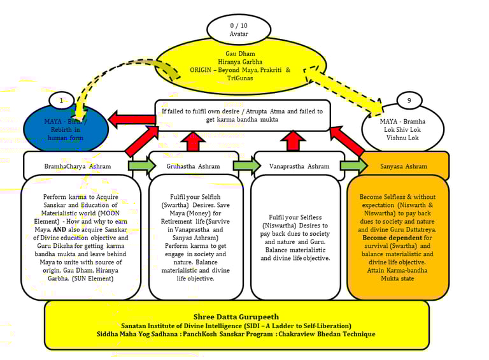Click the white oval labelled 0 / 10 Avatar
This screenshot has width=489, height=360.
click(x=239, y=29)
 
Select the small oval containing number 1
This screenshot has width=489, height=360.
click(x=62, y=101)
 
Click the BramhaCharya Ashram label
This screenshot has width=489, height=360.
click(x=78, y=166)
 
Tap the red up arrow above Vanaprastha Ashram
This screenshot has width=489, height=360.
click(x=293, y=141)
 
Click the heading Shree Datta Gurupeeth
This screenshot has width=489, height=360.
click(x=236, y=316)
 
